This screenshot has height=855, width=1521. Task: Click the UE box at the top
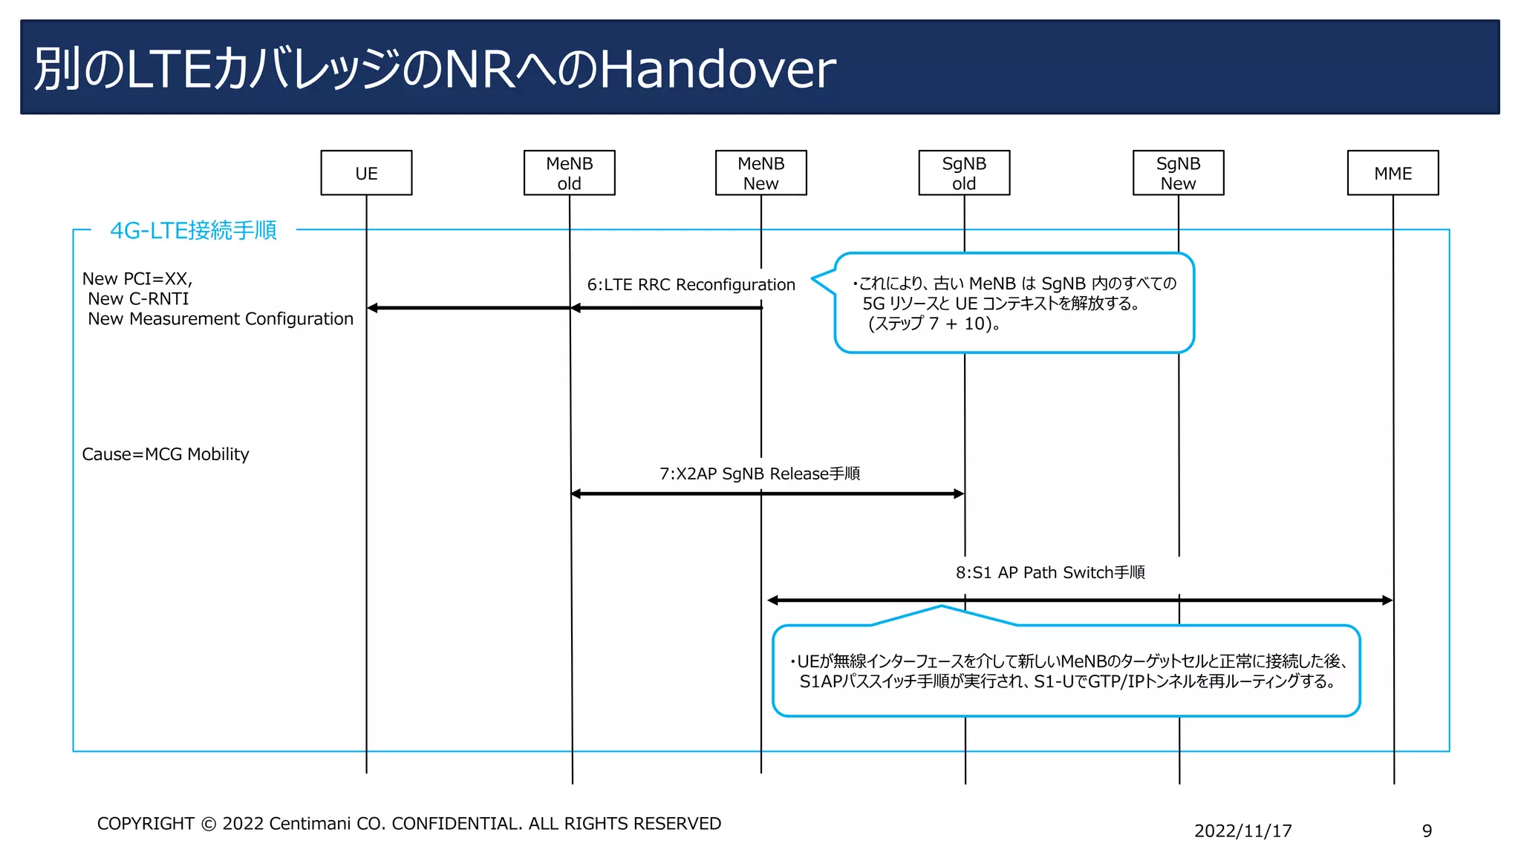(366, 173)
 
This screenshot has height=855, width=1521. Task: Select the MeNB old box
(569, 173)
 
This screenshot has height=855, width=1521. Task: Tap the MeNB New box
(760, 173)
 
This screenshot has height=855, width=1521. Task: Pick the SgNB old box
(964, 173)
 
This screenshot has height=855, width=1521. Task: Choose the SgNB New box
(1178, 173)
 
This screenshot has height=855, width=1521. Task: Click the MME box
(1393, 173)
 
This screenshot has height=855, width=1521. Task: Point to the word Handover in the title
(717, 69)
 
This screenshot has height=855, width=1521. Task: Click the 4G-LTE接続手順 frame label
(193, 230)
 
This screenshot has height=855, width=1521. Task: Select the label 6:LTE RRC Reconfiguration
(691, 285)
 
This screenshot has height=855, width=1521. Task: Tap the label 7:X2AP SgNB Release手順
(760, 474)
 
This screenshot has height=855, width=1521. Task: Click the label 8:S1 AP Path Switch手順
(1050, 572)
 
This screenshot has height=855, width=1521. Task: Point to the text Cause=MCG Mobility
(166, 454)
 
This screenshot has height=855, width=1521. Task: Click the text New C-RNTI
(138, 299)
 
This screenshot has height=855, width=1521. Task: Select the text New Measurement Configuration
(221, 319)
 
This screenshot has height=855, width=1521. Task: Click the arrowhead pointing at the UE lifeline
(373, 308)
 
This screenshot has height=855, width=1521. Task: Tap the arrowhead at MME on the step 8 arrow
(1387, 600)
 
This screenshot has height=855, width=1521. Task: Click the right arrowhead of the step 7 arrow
(958, 494)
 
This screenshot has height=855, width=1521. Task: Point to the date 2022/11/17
(1242, 831)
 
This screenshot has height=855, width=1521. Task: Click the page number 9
(1427, 831)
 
